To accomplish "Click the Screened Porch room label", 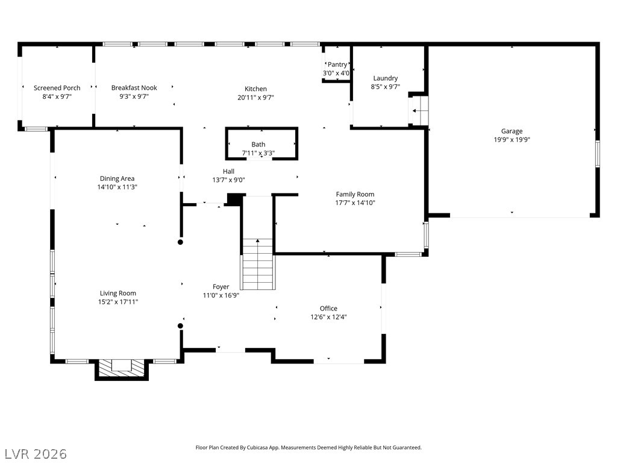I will click(x=57, y=88).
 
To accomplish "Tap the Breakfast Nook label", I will click(x=134, y=88).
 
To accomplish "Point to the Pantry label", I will click(x=337, y=65).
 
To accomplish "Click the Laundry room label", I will click(x=385, y=78).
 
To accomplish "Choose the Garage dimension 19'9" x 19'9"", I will click(x=512, y=139).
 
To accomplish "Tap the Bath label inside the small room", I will click(x=258, y=145).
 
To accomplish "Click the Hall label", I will click(x=228, y=171).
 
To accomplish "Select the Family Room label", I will click(x=355, y=194).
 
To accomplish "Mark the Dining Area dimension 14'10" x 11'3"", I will click(x=117, y=187).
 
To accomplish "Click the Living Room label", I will click(x=118, y=294).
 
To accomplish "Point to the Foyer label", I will click(x=221, y=287).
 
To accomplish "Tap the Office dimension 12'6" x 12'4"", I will click(x=328, y=317).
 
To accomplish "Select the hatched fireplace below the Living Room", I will click(x=122, y=367).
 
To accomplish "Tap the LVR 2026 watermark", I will click(x=36, y=453).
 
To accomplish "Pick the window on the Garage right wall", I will click(x=597, y=153).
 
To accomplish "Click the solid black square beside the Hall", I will click(x=234, y=200).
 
